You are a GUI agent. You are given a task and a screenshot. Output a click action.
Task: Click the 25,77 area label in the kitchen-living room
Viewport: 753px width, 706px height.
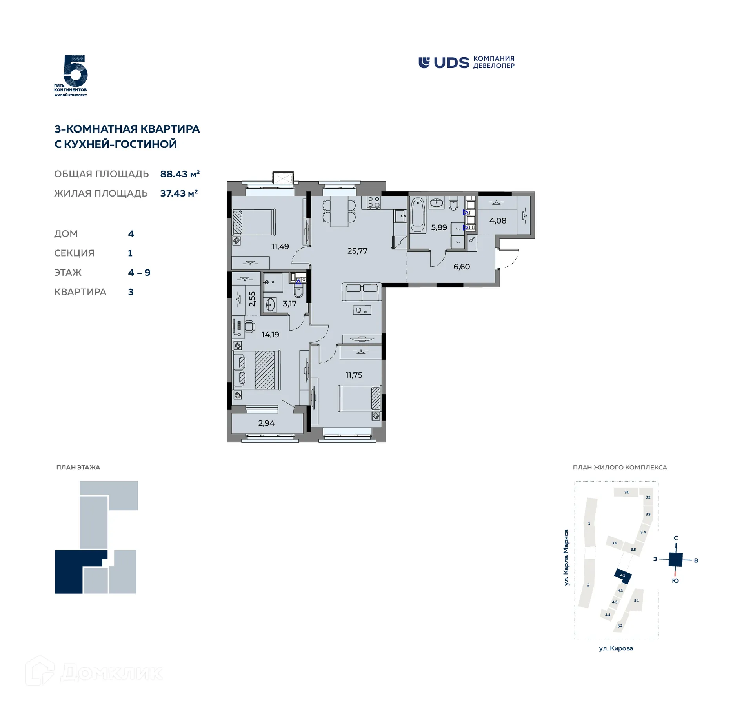[x=357, y=251]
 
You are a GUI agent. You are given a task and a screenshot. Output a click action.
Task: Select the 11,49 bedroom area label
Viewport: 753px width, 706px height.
[x=280, y=247]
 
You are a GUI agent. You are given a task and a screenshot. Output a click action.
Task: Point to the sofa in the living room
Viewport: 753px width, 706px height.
[x=362, y=292]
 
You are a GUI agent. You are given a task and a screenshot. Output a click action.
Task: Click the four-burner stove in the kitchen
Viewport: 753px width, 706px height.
[x=373, y=202]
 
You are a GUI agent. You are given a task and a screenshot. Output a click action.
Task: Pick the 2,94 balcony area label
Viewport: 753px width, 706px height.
[x=266, y=423]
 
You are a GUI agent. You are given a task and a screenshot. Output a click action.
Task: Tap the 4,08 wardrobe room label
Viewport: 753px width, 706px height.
[x=498, y=221]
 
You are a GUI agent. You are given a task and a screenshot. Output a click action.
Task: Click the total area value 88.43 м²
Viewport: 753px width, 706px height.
[x=180, y=174]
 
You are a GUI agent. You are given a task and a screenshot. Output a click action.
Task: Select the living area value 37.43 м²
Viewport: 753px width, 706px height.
[x=179, y=193]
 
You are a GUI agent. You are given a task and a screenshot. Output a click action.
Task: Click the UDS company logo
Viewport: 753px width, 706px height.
[x=466, y=63]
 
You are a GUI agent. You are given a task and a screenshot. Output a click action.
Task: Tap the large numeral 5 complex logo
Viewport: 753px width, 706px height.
[x=75, y=72]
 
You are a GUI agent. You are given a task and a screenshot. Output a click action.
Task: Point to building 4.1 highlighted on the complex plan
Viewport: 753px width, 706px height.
[x=623, y=575]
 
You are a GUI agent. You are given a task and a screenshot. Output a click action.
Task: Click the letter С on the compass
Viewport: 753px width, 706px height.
[x=676, y=538]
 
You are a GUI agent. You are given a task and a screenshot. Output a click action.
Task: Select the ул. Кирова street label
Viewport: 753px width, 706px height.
[x=616, y=648]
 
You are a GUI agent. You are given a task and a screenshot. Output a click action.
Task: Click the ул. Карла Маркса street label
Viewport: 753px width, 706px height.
[x=566, y=557]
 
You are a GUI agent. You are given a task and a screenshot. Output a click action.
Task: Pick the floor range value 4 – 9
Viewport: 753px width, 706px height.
[x=139, y=273]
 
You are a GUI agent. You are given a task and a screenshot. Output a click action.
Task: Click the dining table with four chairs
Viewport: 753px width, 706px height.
[x=339, y=211]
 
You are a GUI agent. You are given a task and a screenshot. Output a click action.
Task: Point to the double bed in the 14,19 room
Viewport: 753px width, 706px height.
[x=257, y=370]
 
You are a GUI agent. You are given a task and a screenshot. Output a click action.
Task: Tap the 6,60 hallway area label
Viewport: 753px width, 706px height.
[x=462, y=267]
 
